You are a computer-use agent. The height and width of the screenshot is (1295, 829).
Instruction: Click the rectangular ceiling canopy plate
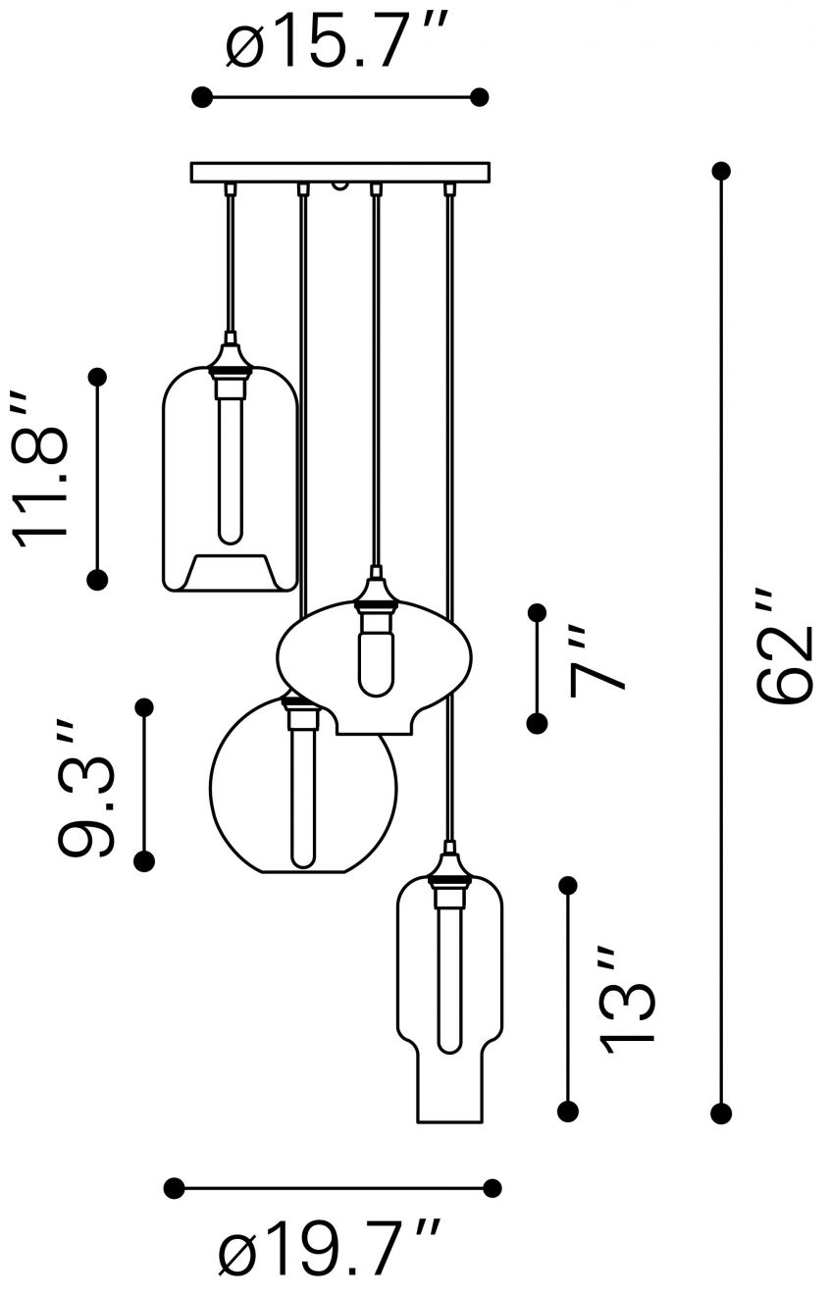click(x=339, y=173)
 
